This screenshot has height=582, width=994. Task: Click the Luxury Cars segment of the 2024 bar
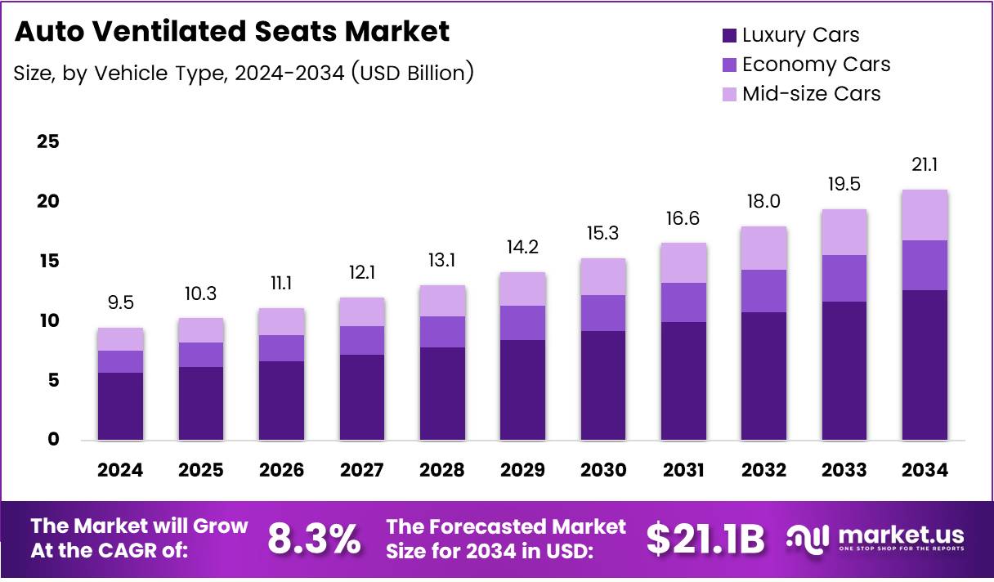120,406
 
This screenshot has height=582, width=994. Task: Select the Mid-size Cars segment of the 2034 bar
925,215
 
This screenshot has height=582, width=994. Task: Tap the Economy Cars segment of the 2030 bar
603,313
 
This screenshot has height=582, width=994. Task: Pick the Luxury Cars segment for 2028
442,394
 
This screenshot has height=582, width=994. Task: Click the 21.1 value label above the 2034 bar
925,165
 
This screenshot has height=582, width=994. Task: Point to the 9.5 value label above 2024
120,304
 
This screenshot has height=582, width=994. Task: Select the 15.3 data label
603,235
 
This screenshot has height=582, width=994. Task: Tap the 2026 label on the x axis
281,470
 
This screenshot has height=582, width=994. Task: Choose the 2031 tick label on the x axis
683,470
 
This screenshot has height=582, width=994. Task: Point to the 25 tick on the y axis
48,141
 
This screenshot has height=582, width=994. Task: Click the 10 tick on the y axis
48,320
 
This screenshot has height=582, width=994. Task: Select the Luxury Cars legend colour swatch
729,36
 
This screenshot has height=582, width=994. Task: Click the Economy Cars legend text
816,65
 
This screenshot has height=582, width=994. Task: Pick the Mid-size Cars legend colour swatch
729,94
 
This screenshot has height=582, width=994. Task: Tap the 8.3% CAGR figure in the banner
314,538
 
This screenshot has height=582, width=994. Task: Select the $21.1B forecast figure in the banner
705,538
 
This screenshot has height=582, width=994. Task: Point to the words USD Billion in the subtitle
412,73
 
